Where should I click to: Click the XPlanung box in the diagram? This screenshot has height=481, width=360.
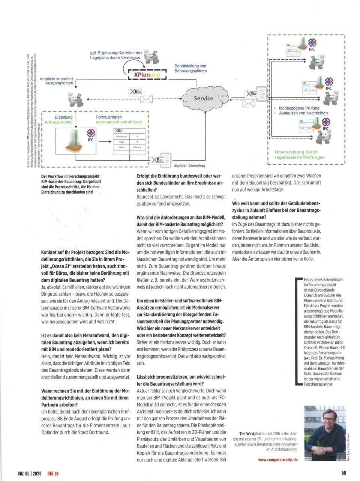[147, 75]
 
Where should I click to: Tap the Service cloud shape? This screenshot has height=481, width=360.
[203, 98]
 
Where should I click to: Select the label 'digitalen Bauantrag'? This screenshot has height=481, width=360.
[189, 165]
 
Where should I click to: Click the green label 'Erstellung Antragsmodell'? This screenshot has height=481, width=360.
[59, 120]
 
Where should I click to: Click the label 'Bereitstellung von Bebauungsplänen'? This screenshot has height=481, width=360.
[190, 68]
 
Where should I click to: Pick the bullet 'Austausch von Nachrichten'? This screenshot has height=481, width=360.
[303, 113]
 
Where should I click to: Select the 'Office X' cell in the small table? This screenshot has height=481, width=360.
[137, 147]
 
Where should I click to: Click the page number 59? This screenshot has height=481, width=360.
[343, 473]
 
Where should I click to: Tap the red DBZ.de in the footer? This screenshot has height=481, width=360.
[53, 473]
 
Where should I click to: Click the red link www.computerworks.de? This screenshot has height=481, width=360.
[277, 460]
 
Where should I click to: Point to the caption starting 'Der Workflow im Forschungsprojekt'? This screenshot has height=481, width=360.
[70, 184]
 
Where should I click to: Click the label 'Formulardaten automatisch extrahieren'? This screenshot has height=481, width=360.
[118, 120]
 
